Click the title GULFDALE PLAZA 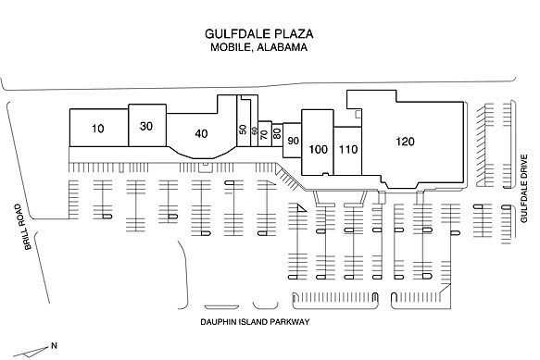pyautogui.click(x=259, y=33)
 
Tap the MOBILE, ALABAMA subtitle pyautogui.click(x=259, y=47)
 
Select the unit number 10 pyautogui.click(x=98, y=129)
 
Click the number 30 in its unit pyautogui.click(x=146, y=126)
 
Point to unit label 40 pyautogui.click(x=201, y=133)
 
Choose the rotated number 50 pyautogui.click(x=243, y=130)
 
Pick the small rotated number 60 pyautogui.click(x=255, y=130)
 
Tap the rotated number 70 pyautogui.click(x=265, y=134)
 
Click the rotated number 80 pyautogui.click(x=277, y=133)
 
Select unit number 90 pyautogui.click(x=293, y=141)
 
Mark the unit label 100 pyautogui.click(x=318, y=149)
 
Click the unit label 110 pyautogui.click(x=348, y=149)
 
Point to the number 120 pyautogui.click(x=405, y=142)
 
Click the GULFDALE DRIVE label pyautogui.click(x=524, y=189)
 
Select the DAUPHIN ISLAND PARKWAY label pyautogui.click(x=255, y=322)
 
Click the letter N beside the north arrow pyautogui.click(x=54, y=345)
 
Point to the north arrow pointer pyautogui.click(x=31, y=352)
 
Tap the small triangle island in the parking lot pyautogui.click(x=302, y=207)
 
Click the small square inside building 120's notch pyautogui.click(x=358, y=114)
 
